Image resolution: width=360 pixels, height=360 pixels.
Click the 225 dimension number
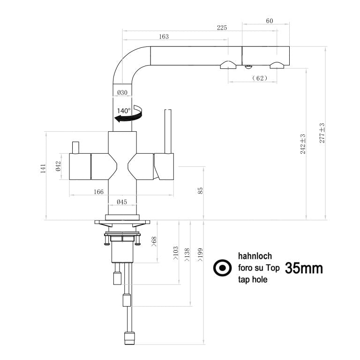coord(222,28)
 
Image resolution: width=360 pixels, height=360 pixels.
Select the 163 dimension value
coord(164,37)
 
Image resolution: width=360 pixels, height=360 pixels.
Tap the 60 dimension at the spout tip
coord(270,21)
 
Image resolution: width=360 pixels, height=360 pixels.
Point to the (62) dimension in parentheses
coord(260,78)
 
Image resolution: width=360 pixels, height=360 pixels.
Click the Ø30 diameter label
coord(122,92)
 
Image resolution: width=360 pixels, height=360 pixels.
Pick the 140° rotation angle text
coord(124,111)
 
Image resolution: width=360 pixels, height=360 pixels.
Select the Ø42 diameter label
coord(58,166)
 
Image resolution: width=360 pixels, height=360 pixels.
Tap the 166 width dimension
coord(98,192)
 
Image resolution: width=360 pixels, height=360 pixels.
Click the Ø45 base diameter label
coord(122,202)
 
